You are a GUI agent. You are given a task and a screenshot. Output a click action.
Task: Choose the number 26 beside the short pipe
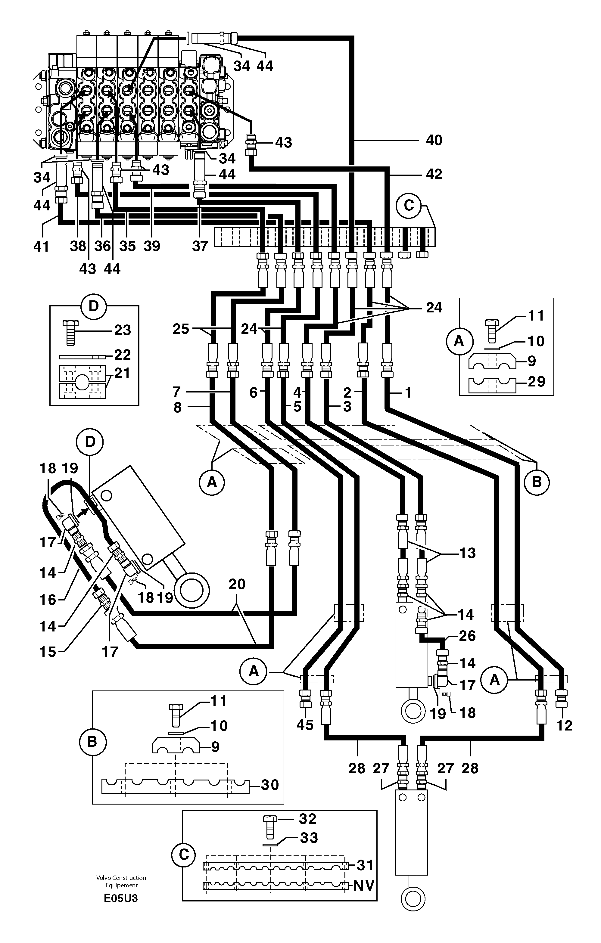click(x=467, y=636)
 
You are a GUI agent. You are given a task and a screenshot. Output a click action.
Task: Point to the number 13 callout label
click(x=467, y=553)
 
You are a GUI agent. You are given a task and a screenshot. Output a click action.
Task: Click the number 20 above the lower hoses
click(x=237, y=584)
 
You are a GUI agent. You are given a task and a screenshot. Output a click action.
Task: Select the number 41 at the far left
click(x=41, y=246)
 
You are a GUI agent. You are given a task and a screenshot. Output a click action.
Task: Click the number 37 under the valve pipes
click(x=200, y=246)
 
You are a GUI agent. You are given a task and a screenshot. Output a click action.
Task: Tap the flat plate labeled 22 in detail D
click(x=82, y=356)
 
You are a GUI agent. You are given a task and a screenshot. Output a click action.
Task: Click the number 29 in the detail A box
click(x=536, y=381)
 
